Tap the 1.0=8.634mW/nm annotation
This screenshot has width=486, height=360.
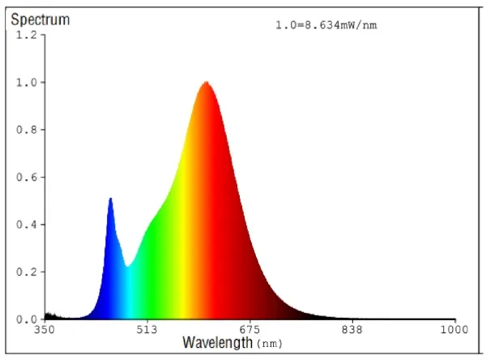point(326,25)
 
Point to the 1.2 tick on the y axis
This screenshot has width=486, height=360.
point(27,35)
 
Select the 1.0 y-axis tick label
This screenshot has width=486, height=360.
point(27,83)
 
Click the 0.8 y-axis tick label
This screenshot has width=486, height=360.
point(27,130)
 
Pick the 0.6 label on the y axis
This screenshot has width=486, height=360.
point(27,178)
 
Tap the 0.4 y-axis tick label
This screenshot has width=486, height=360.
point(27,225)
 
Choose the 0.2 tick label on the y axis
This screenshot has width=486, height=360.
point(27,272)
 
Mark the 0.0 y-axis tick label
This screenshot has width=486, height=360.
point(27,319)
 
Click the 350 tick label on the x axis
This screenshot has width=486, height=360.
point(44,330)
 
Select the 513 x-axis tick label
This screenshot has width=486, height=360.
point(147,330)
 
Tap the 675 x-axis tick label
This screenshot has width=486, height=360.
point(249,330)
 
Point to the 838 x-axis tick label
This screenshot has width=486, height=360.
point(352,330)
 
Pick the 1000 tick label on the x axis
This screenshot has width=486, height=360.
point(454,330)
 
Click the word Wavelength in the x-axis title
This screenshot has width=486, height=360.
point(217,343)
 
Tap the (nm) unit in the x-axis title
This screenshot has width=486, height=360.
point(270,344)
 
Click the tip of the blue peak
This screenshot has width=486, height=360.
point(110,199)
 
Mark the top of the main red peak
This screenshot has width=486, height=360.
point(207,82)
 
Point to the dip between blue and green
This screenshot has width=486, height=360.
point(127,266)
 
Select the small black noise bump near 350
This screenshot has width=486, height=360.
point(49,315)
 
